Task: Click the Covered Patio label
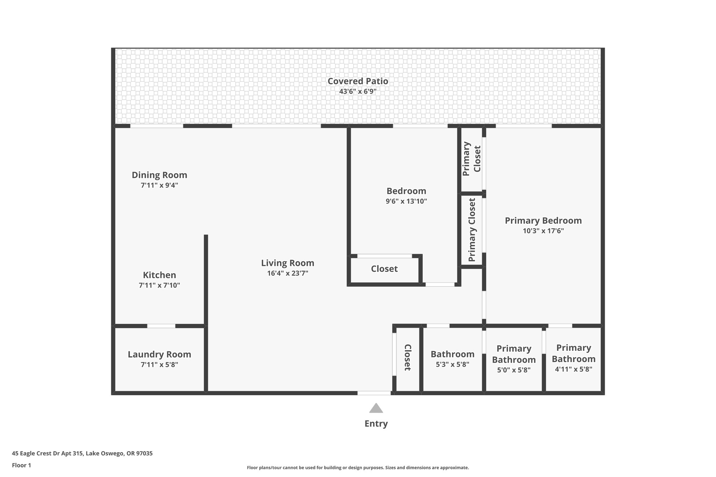pyautogui.click(x=358, y=81)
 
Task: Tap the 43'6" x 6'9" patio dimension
pyautogui.click(x=358, y=92)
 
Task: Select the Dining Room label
pyautogui.click(x=159, y=175)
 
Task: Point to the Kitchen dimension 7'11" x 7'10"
pyautogui.click(x=159, y=285)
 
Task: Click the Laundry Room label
pyautogui.click(x=159, y=354)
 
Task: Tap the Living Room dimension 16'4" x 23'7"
pyautogui.click(x=287, y=273)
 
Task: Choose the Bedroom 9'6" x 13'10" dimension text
pyautogui.click(x=406, y=201)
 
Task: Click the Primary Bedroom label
pyautogui.click(x=543, y=221)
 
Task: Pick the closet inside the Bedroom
pyautogui.click(x=384, y=269)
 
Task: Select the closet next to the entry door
pyautogui.click(x=408, y=357)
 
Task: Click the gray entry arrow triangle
pyautogui.click(x=376, y=408)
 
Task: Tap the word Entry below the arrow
pyautogui.click(x=376, y=424)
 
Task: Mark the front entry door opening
pyautogui.click(x=374, y=393)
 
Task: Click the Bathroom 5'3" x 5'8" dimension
pyautogui.click(x=452, y=364)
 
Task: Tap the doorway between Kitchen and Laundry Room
pyautogui.click(x=161, y=326)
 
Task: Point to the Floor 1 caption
pyautogui.click(x=21, y=465)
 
